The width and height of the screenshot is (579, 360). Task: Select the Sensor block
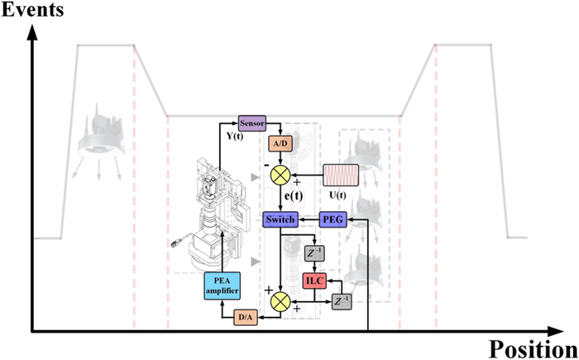tap(251, 123)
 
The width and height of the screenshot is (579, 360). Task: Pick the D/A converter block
tap(246, 316)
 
